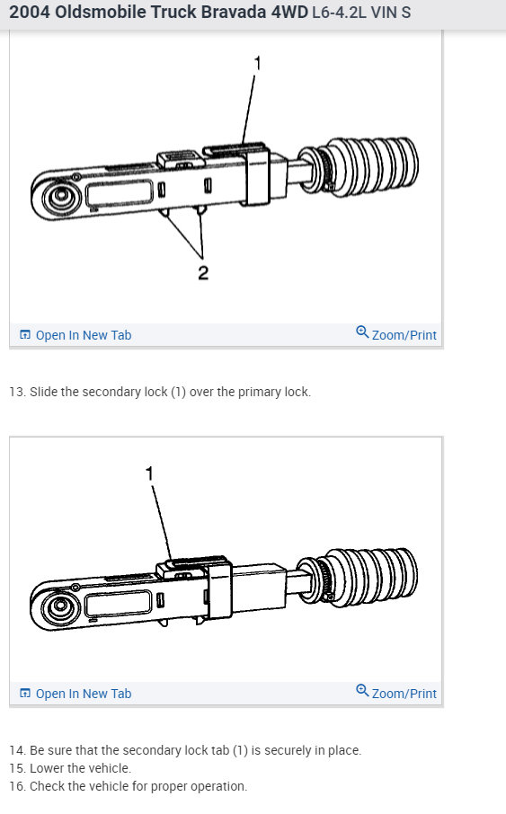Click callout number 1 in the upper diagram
tap(257, 64)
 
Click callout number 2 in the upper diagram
tap(202, 272)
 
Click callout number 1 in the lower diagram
tap(149, 473)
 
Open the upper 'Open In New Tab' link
tap(83, 335)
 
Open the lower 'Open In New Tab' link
tap(83, 694)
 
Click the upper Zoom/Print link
tap(404, 335)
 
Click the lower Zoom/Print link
tap(404, 694)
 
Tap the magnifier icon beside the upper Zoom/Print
tap(362, 332)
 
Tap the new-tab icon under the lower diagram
tap(25, 694)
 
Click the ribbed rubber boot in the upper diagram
tap(373, 163)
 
